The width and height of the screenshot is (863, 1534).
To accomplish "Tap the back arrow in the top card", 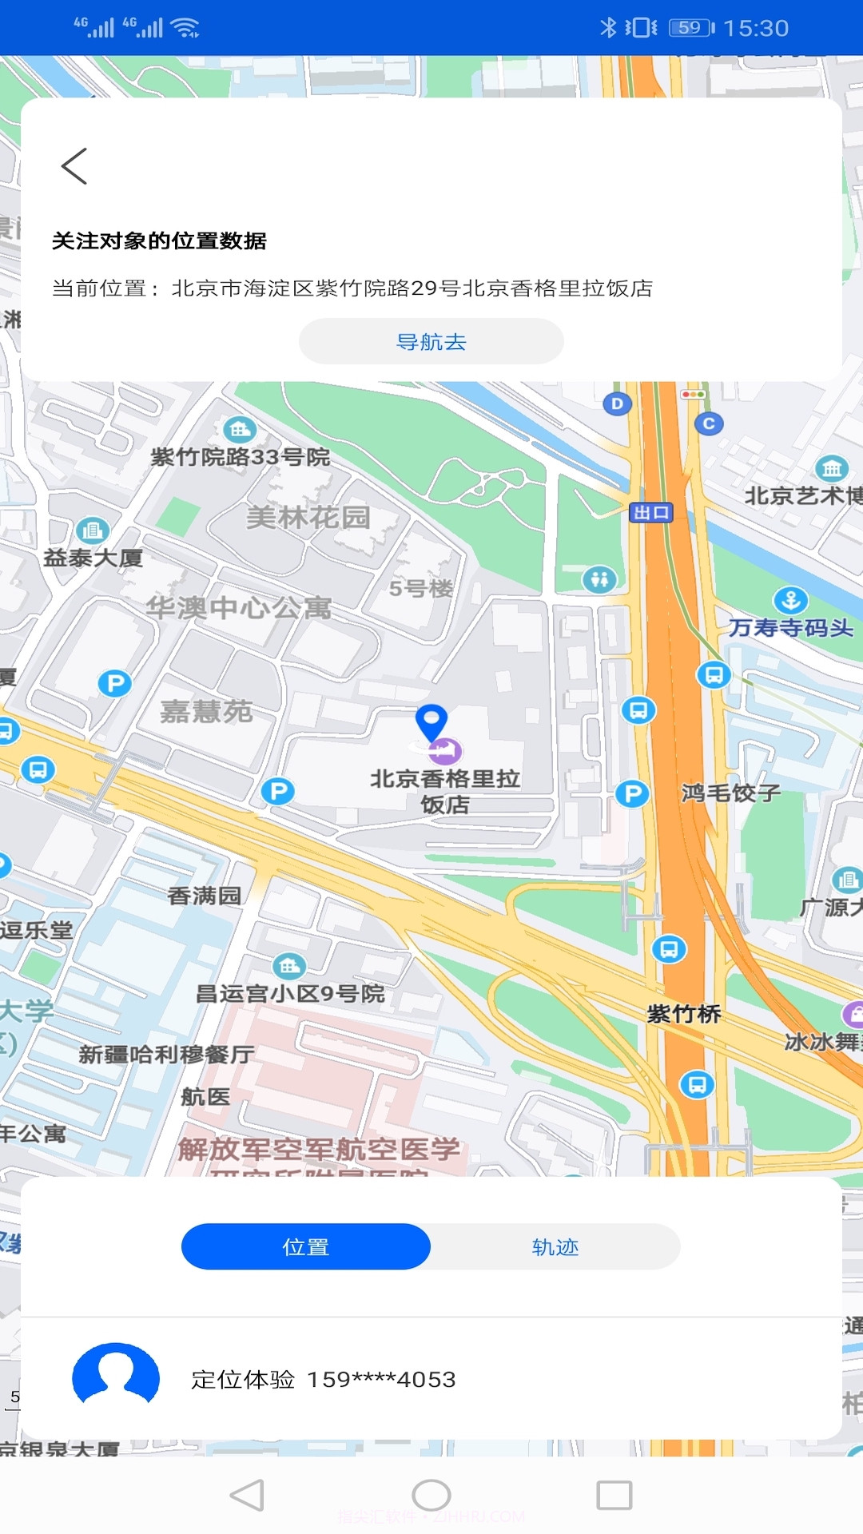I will click(74, 166).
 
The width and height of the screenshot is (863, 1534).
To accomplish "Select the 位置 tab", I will click(306, 1246).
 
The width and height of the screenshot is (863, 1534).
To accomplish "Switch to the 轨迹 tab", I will click(555, 1246).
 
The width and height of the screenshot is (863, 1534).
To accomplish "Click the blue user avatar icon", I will click(116, 1377).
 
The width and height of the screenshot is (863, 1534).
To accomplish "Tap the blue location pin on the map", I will click(431, 721).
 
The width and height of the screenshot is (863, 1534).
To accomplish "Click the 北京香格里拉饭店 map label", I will click(445, 791).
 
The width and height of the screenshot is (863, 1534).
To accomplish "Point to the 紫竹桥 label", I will click(684, 1014).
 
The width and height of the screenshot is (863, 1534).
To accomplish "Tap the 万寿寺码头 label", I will click(790, 628).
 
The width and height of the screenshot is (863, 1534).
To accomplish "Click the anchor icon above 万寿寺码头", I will click(790, 599).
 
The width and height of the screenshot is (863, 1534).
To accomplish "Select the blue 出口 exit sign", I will click(651, 512).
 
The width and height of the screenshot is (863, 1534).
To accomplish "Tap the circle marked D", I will click(617, 403).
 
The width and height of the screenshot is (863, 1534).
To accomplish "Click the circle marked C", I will click(709, 423).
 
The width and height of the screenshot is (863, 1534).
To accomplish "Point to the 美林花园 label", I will click(308, 517).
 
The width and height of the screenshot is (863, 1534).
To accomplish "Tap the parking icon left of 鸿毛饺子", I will click(632, 793).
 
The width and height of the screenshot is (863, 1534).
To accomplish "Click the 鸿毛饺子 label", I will click(730, 793).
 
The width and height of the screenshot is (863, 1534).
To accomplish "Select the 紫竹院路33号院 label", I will click(240, 457).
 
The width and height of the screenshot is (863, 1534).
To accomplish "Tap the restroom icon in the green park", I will click(599, 578).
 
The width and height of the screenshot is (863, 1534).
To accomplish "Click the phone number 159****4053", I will click(381, 1379).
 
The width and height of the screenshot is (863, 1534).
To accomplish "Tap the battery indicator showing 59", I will click(691, 28).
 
